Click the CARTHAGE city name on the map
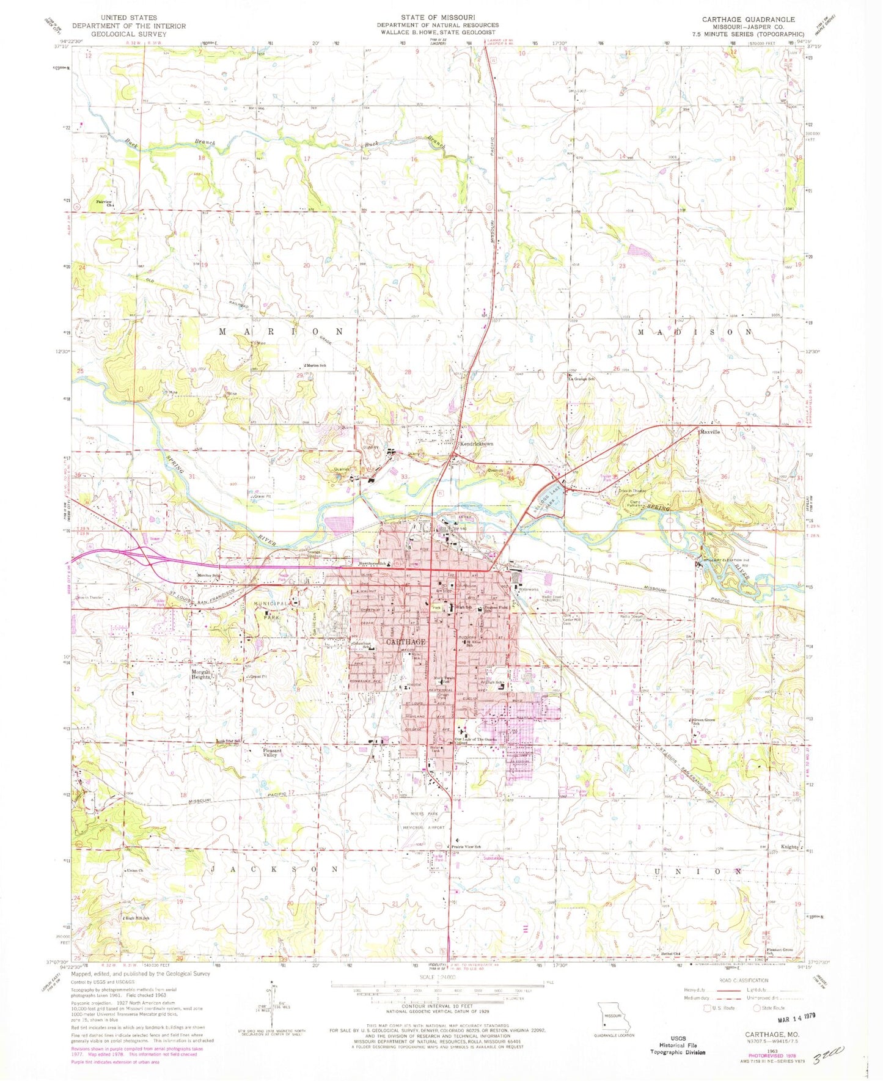[406, 642]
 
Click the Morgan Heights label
[199, 675]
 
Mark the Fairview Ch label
[105, 203]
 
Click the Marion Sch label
[317, 365]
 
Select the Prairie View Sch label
[466, 846]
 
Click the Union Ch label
[134, 870]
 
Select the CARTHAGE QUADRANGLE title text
[748, 20]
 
